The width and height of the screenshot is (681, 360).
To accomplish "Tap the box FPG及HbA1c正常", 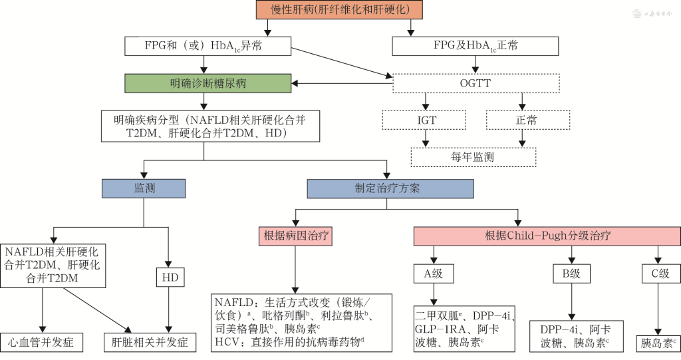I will [x=476, y=45].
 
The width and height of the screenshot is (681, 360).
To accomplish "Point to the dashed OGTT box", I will [x=476, y=83].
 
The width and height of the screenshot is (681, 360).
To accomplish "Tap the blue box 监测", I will [x=144, y=188].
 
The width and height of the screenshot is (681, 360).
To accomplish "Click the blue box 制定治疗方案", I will [x=390, y=188].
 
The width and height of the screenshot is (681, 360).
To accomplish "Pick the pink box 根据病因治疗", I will [x=296, y=236].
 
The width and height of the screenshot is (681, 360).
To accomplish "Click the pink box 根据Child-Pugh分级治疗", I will [x=547, y=236].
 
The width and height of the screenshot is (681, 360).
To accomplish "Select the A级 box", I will [x=433, y=273].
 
